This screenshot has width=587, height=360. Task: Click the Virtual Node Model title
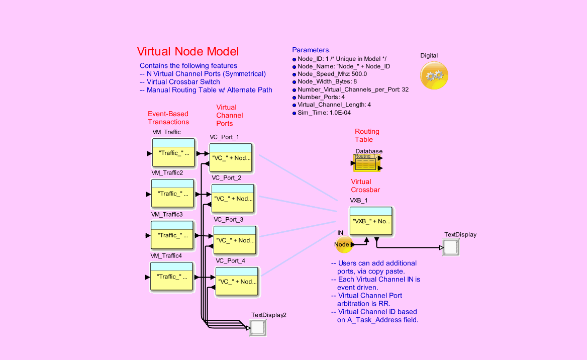click(188, 51)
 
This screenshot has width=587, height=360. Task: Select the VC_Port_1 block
click(232, 157)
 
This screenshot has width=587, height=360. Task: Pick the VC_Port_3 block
click(236, 240)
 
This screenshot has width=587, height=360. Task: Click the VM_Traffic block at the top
click(173, 153)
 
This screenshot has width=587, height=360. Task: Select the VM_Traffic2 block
click(172, 194)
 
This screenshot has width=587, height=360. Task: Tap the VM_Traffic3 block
click(172, 235)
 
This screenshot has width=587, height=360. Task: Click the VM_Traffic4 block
click(171, 277)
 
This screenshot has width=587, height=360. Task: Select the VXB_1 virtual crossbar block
click(371, 221)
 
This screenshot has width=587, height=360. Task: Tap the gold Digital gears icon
click(434, 75)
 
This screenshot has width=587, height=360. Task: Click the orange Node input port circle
click(343, 244)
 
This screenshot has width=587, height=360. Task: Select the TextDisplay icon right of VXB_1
click(450, 247)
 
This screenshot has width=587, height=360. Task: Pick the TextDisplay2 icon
click(258, 328)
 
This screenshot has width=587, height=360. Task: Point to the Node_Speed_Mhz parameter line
click(332, 74)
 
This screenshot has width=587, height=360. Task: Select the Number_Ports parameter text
click(321, 97)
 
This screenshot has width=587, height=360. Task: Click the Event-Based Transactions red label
click(168, 118)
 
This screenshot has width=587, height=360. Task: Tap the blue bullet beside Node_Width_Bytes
click(295, 82)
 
